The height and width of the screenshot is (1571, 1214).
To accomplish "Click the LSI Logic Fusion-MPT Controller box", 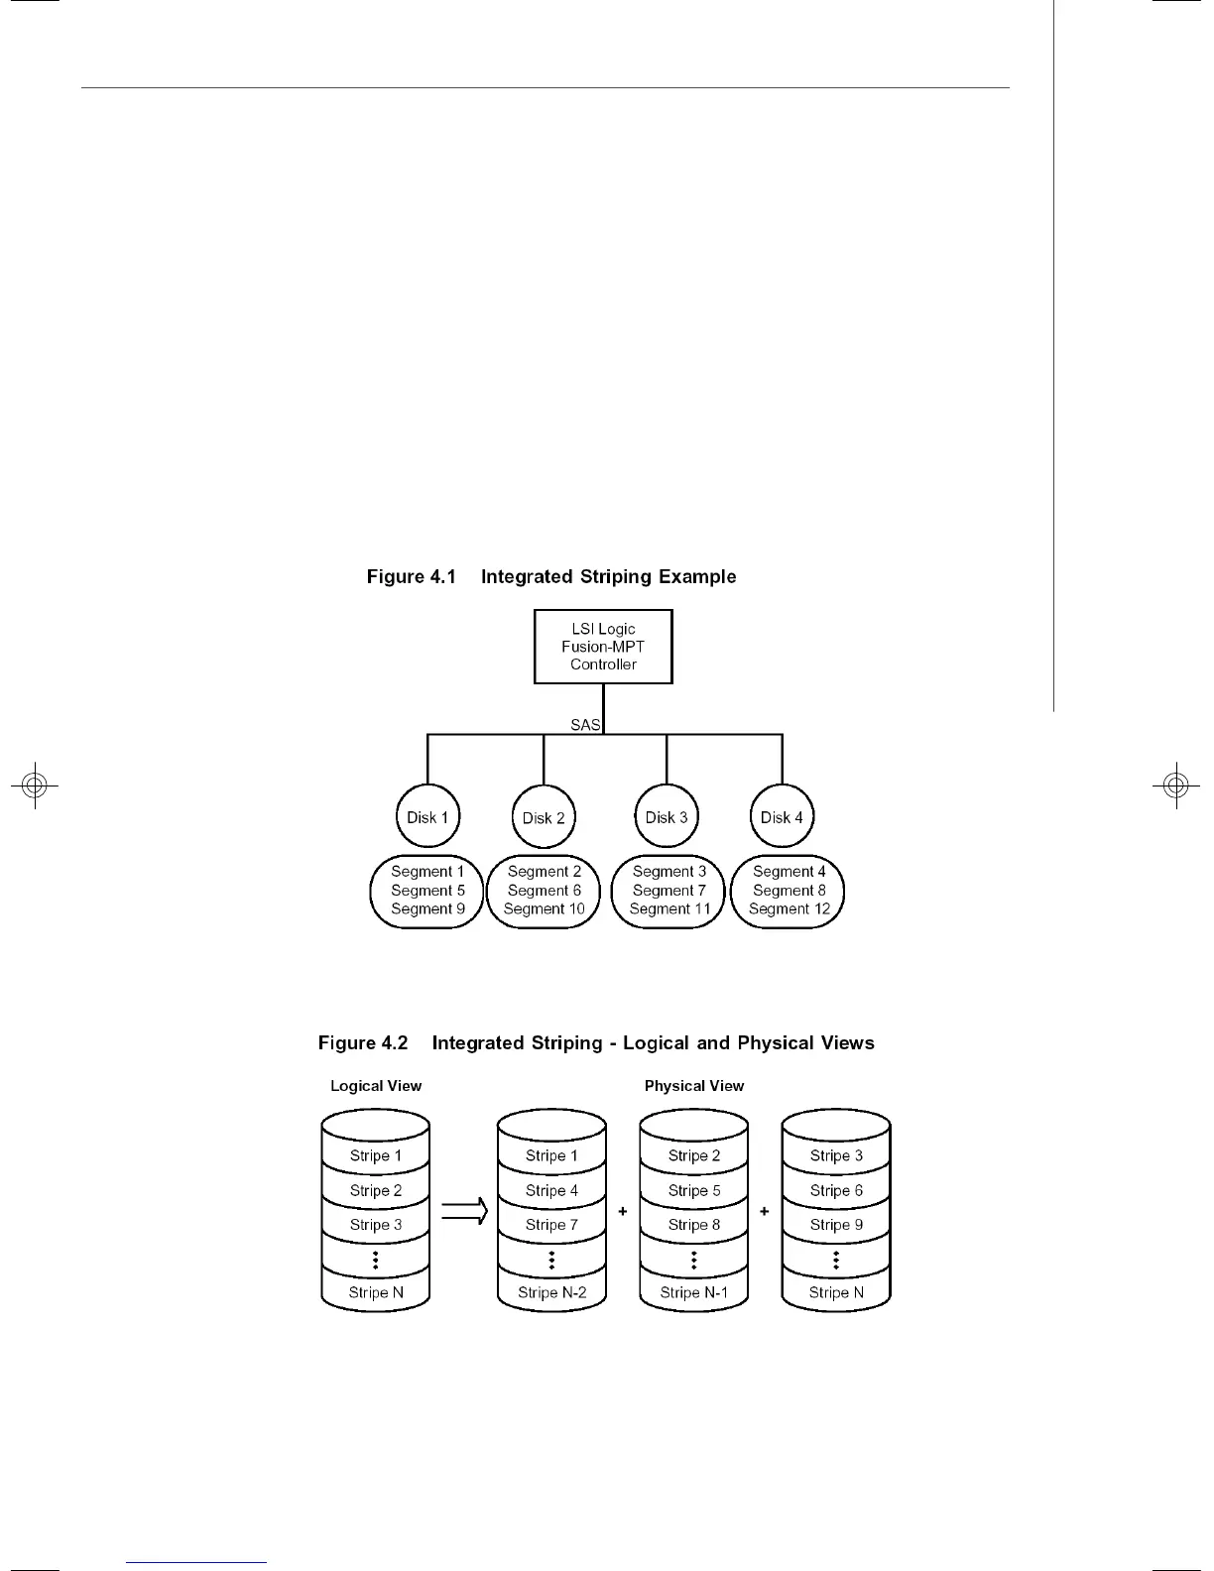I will (603, 647).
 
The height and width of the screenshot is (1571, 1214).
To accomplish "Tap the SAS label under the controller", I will (585, 725).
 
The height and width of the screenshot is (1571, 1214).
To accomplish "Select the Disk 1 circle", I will (427, 817).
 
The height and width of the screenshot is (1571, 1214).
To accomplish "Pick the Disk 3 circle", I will (667, 817).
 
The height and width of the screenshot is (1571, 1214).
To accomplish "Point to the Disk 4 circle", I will (782, 817).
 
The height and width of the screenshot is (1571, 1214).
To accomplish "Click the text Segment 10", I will (544, 908).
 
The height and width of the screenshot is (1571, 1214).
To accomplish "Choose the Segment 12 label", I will (789, 908).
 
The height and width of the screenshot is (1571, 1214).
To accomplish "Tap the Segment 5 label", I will (427, 891).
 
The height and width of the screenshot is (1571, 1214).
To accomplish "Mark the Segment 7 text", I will (669, 891).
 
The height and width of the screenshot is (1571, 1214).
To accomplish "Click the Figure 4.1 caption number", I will (411, 576).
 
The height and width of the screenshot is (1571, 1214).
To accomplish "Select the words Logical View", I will (376, 1086).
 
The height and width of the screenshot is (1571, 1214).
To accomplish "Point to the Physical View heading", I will (694, 1086).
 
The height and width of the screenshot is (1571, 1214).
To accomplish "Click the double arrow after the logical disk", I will (464, 1211).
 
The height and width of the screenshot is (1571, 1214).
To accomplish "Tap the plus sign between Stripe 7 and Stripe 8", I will (623, 1211).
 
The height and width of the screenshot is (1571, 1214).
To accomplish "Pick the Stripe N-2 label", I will (551, 1292).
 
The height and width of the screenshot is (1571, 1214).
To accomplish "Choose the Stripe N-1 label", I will (694, 1292).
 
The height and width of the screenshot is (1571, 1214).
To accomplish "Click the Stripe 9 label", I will (836, 1225).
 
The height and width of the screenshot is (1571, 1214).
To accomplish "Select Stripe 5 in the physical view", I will (694, 1190).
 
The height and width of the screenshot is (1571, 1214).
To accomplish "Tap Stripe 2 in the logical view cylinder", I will (376, 1190).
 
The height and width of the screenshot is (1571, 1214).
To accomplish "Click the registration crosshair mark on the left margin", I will (35, 785).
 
